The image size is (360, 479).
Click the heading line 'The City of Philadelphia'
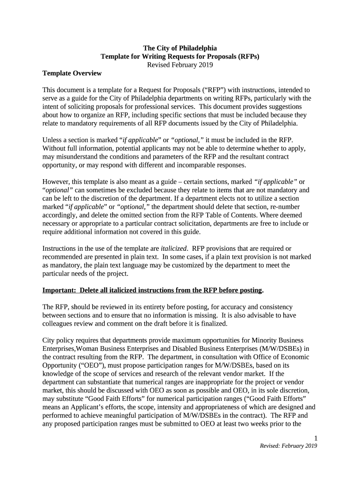(180, 48)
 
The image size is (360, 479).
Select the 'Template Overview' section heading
(72, 73)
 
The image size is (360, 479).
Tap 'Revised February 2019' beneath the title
(180, 65)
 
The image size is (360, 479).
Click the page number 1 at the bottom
(316, 438)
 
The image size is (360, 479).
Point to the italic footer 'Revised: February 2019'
(288, 446)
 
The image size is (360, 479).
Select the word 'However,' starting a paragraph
(56, 181)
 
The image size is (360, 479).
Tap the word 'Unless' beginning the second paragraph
(52, 139)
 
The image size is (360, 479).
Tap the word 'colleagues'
(58, 323)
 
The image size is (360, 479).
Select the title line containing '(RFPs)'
(180, 56)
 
